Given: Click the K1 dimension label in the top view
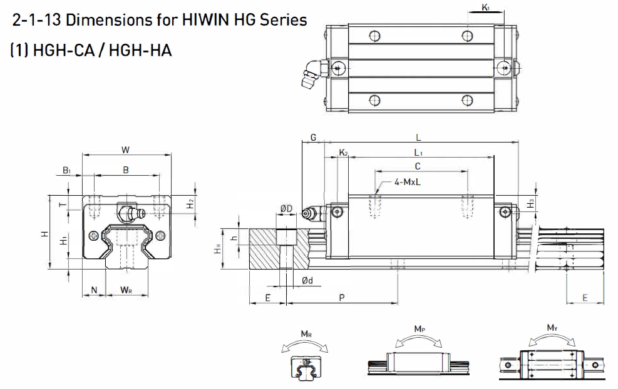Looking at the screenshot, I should pos(487,8).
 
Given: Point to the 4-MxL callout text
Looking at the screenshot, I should pos(408,182).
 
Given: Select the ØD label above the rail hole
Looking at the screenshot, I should pos(287,208).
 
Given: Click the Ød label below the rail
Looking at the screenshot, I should pos(307,281).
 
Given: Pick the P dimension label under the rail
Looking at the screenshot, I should pos(342,298).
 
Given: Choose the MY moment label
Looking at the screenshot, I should pos(552,328).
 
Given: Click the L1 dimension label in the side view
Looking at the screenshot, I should pos(418,152).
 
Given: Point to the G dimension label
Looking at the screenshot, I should pos(313,137).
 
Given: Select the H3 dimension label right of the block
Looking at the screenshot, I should pos(530,203).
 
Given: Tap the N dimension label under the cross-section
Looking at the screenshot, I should pos(94,290).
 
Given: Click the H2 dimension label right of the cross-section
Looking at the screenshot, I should pos(191,203).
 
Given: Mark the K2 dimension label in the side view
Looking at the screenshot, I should pos(343,153).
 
